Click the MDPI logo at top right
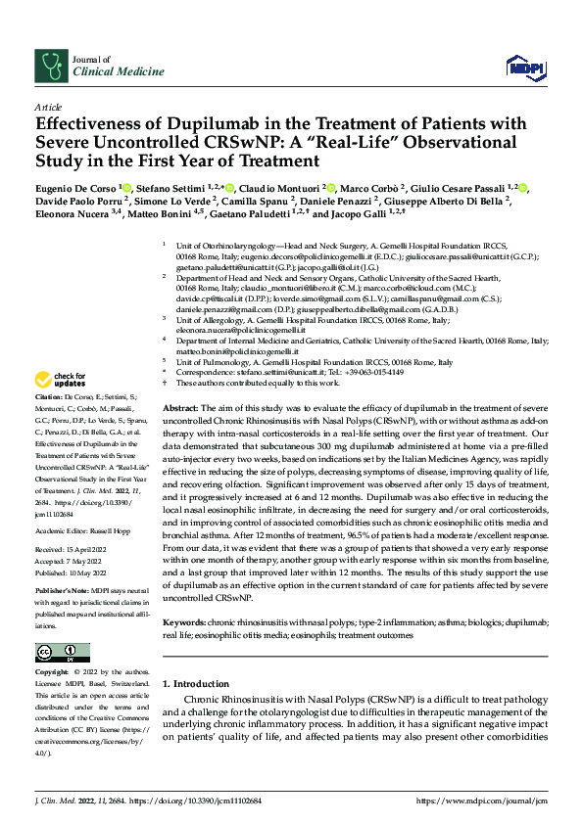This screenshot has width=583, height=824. click(x=519, y=67)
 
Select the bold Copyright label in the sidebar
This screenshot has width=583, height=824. click(x=53, y=672)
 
